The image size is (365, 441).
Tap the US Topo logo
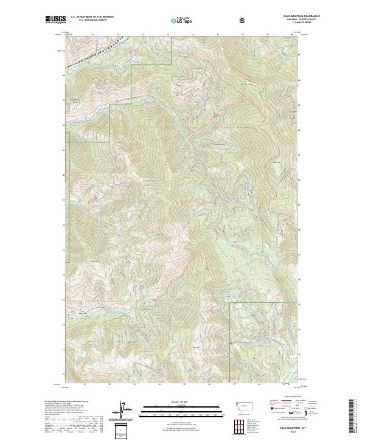tap(180, 21)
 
